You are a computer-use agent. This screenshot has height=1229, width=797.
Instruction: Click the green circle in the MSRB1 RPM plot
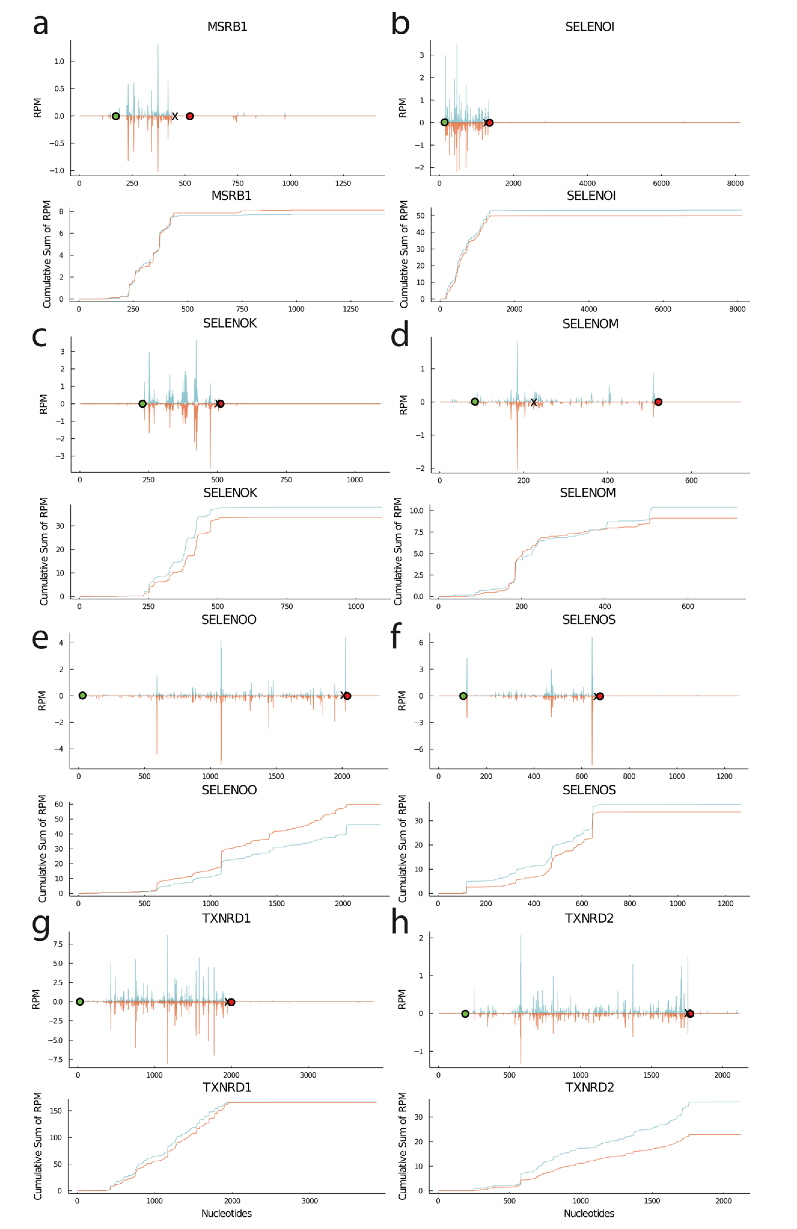116,116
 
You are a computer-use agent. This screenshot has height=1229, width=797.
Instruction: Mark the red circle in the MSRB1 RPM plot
189,116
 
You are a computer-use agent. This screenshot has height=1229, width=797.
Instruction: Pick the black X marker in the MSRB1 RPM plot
175,116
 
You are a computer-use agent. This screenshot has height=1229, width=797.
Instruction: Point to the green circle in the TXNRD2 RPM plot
465,1014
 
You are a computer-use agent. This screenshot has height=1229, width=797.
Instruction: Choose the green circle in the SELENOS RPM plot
463,696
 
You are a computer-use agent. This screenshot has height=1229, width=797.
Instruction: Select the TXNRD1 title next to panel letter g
227,918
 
